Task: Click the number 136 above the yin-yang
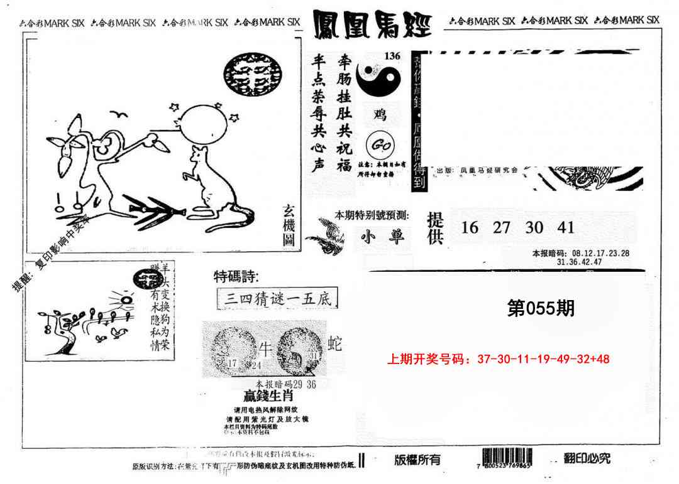tap(392, 56)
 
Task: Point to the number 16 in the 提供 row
tap(470, 227)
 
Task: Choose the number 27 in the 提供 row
tap(501, 227)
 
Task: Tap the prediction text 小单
tap(380, 237)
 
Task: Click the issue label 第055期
tap(540, 308)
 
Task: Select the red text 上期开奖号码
tap(429, 360)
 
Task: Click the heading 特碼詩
tap(236, 277)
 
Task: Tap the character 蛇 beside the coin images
tap(336, 343)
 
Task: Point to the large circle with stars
tap(204, 126)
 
